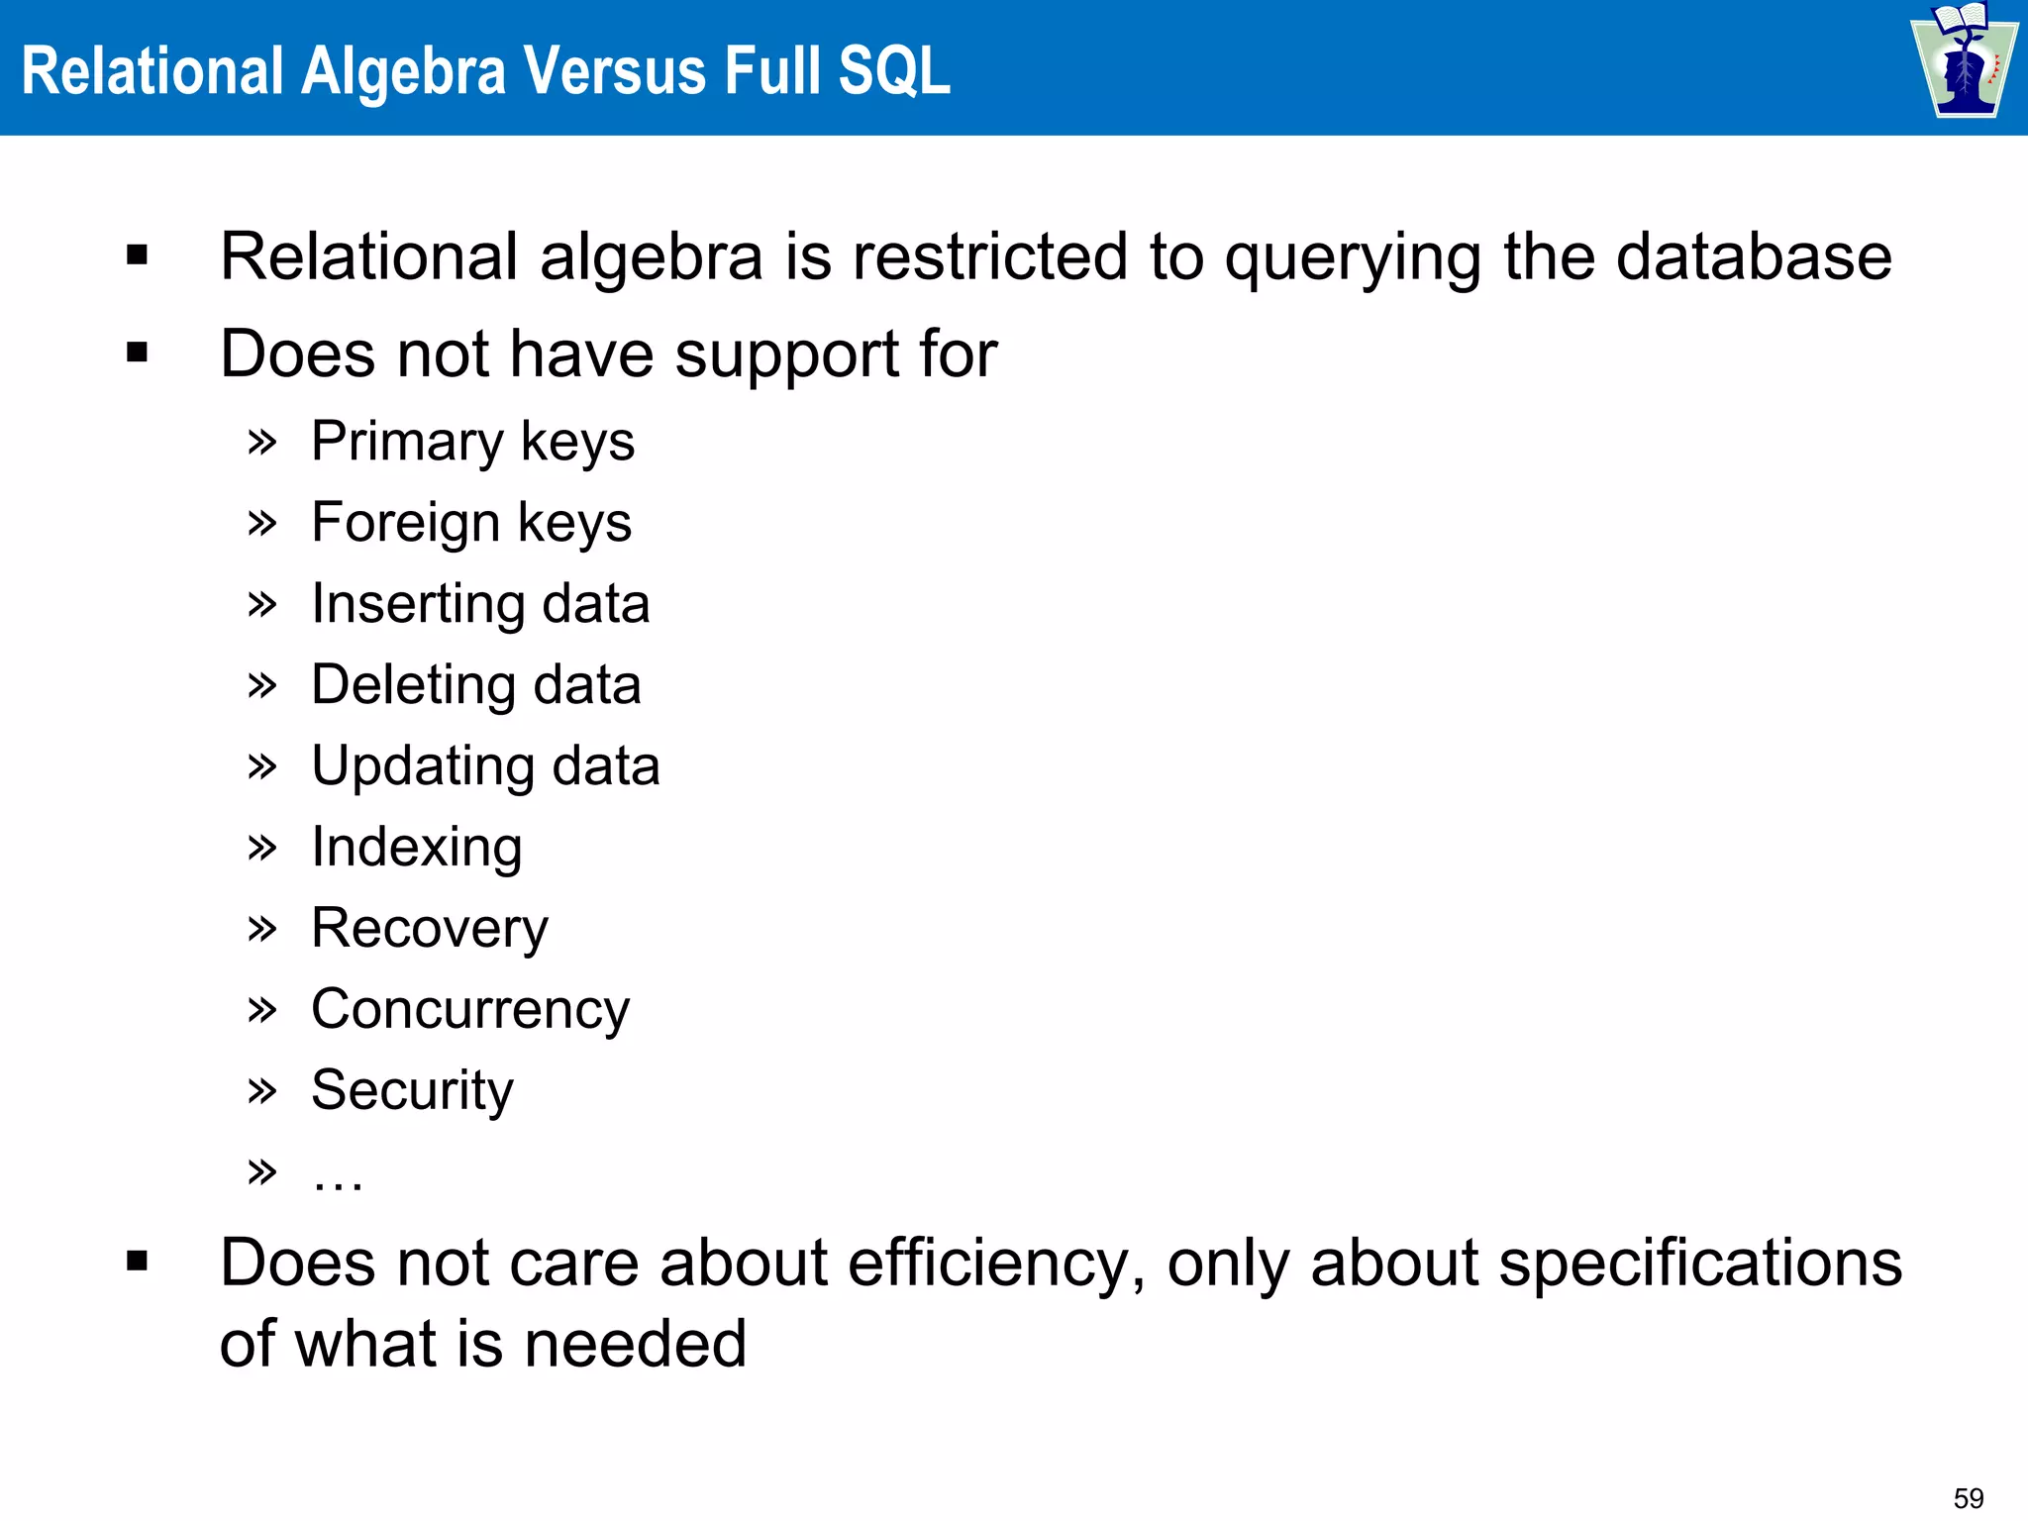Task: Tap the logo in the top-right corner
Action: pos(1964,61)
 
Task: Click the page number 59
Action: pos(1968,1498)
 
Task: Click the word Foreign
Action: pos(405,523)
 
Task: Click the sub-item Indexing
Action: pos(417,848)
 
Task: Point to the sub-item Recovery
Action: pos(430,929)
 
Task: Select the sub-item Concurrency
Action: pos(470,1010)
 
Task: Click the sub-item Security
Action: pos(412,1091)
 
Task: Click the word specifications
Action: pos(1700,1265)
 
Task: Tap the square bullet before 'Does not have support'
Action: pos(138,353)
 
